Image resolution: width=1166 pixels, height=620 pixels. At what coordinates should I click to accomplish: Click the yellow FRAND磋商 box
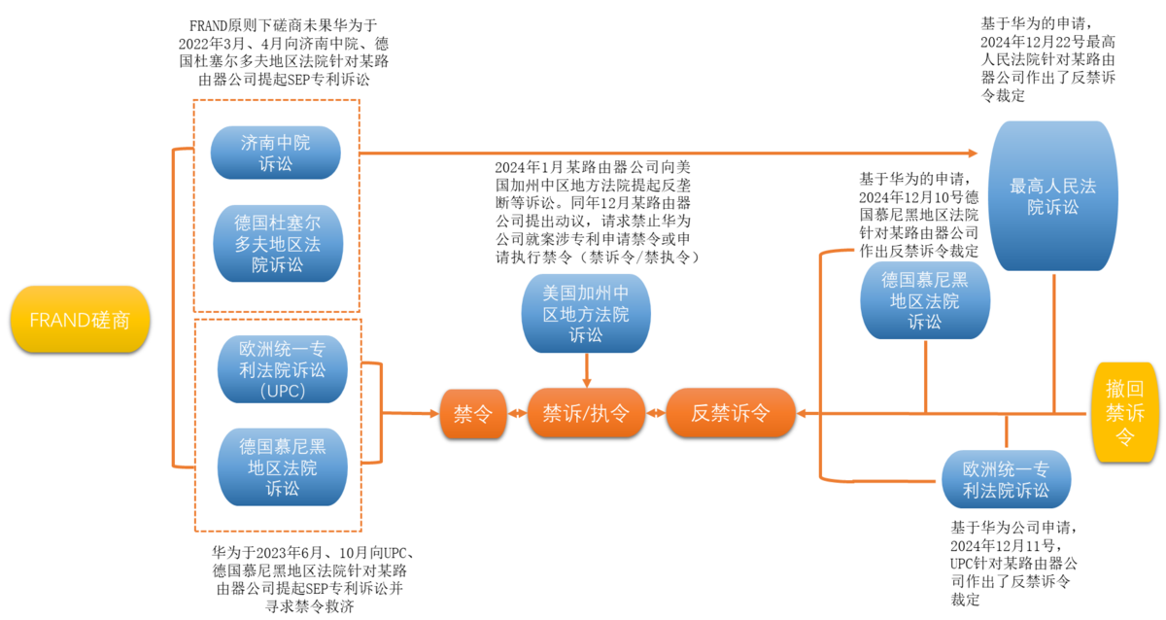click(x=79, y=320)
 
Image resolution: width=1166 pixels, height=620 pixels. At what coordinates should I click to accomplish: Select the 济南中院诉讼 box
click(x=276, y=153)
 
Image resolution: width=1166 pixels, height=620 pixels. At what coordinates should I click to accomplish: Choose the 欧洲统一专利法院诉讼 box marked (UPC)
click(x=283, y=369)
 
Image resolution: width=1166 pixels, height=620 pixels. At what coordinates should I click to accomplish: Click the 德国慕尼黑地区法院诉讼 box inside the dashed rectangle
click(x=283, y=466)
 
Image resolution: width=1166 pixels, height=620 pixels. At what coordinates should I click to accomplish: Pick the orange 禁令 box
click(x=473, y=413)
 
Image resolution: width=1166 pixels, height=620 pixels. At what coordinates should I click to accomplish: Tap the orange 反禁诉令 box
click(x=730, y=413)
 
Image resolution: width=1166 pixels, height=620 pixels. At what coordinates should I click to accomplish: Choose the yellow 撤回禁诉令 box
click(x=1124, y=413)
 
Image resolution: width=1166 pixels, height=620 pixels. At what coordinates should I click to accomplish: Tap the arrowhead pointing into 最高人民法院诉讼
click(x=974, y=153)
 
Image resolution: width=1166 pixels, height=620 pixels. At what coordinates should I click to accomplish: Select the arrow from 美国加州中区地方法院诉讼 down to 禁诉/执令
click(x=586, y=370)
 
